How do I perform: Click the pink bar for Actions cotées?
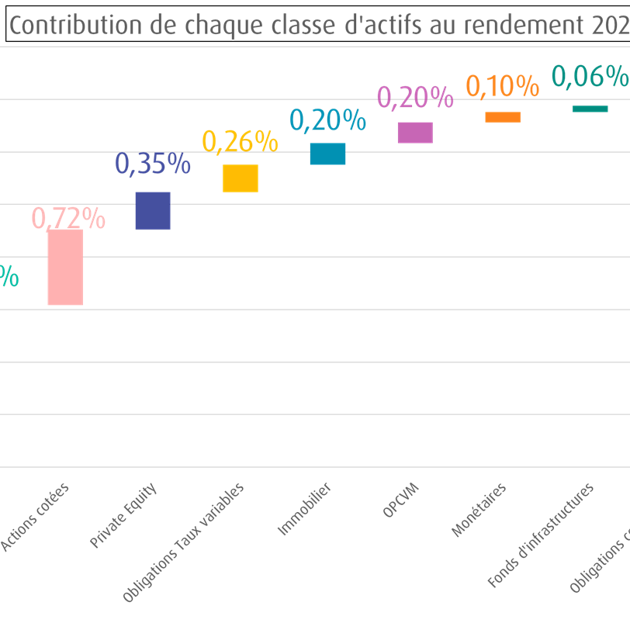(65, 267)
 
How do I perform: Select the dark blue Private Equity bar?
(153, 210)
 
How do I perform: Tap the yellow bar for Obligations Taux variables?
(241, 178)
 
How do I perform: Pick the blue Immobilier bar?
(327, 154)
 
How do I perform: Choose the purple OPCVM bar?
(415, 133)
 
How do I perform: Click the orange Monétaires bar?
(503, 117)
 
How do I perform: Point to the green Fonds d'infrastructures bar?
(590, 109)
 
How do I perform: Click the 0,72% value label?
(68, 220)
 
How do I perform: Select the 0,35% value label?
(153, 164)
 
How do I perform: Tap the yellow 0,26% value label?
(240, 141)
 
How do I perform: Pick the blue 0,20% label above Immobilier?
(327, 120)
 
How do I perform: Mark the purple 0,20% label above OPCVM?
(415, 98)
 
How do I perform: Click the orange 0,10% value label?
(502, 86)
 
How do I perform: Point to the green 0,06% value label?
(590, 76)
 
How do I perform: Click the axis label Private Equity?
(123, 516)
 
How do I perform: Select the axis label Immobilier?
(305, 510)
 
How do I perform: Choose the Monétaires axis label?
(479, 511)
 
